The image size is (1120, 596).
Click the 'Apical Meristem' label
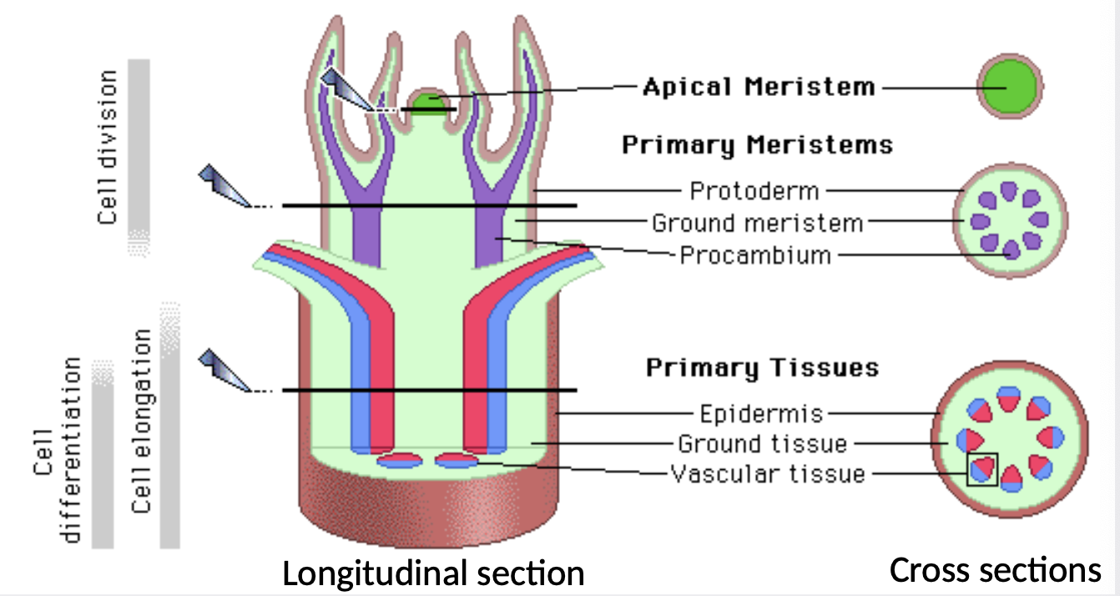[759, 87]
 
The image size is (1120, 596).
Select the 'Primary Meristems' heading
[758, 145]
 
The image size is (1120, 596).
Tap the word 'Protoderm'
[754, 191]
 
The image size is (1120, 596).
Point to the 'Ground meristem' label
[758, 223]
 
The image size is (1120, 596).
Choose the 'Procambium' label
[755, 255]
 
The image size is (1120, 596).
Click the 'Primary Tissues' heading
[763, 368]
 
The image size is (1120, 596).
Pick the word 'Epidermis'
[761, 414]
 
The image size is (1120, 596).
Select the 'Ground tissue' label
[763, 444]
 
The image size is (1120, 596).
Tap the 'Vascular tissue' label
[768, 474]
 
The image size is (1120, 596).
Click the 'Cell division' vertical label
[108, 148]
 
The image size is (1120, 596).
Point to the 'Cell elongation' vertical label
[142, 421]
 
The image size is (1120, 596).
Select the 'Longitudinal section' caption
[433, 573]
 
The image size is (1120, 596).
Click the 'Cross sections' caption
[995, 570]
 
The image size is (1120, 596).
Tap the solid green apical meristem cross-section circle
[1010, 87]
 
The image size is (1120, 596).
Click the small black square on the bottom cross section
[982, 469]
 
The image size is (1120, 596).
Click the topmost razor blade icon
[347, 90]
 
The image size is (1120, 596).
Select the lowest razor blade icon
[225, 371]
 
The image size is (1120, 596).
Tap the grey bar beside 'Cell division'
[139, 158]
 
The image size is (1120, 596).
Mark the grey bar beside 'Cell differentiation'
[103, 454]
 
